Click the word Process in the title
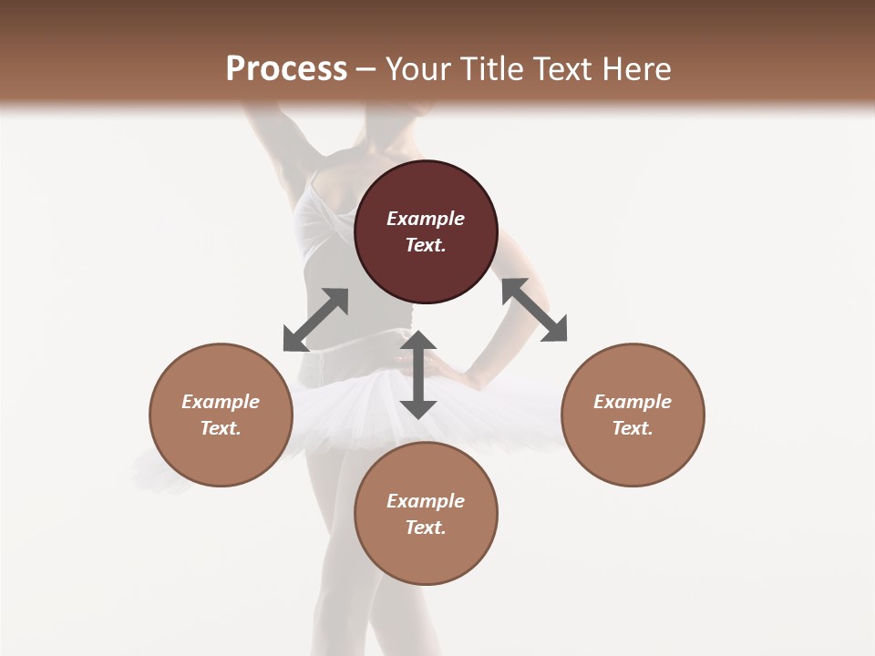pos(286,69)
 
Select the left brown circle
pos(221,415)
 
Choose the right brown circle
pos(633,415)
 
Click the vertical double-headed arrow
pos(418,374)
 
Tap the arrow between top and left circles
pos(315,320)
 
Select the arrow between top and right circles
pos(534,310)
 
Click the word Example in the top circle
pos(426,219)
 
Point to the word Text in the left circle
pos(221,428)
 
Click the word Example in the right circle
pos(633,402)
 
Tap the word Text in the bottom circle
pos(426,528)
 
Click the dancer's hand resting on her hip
pos(447,370)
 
